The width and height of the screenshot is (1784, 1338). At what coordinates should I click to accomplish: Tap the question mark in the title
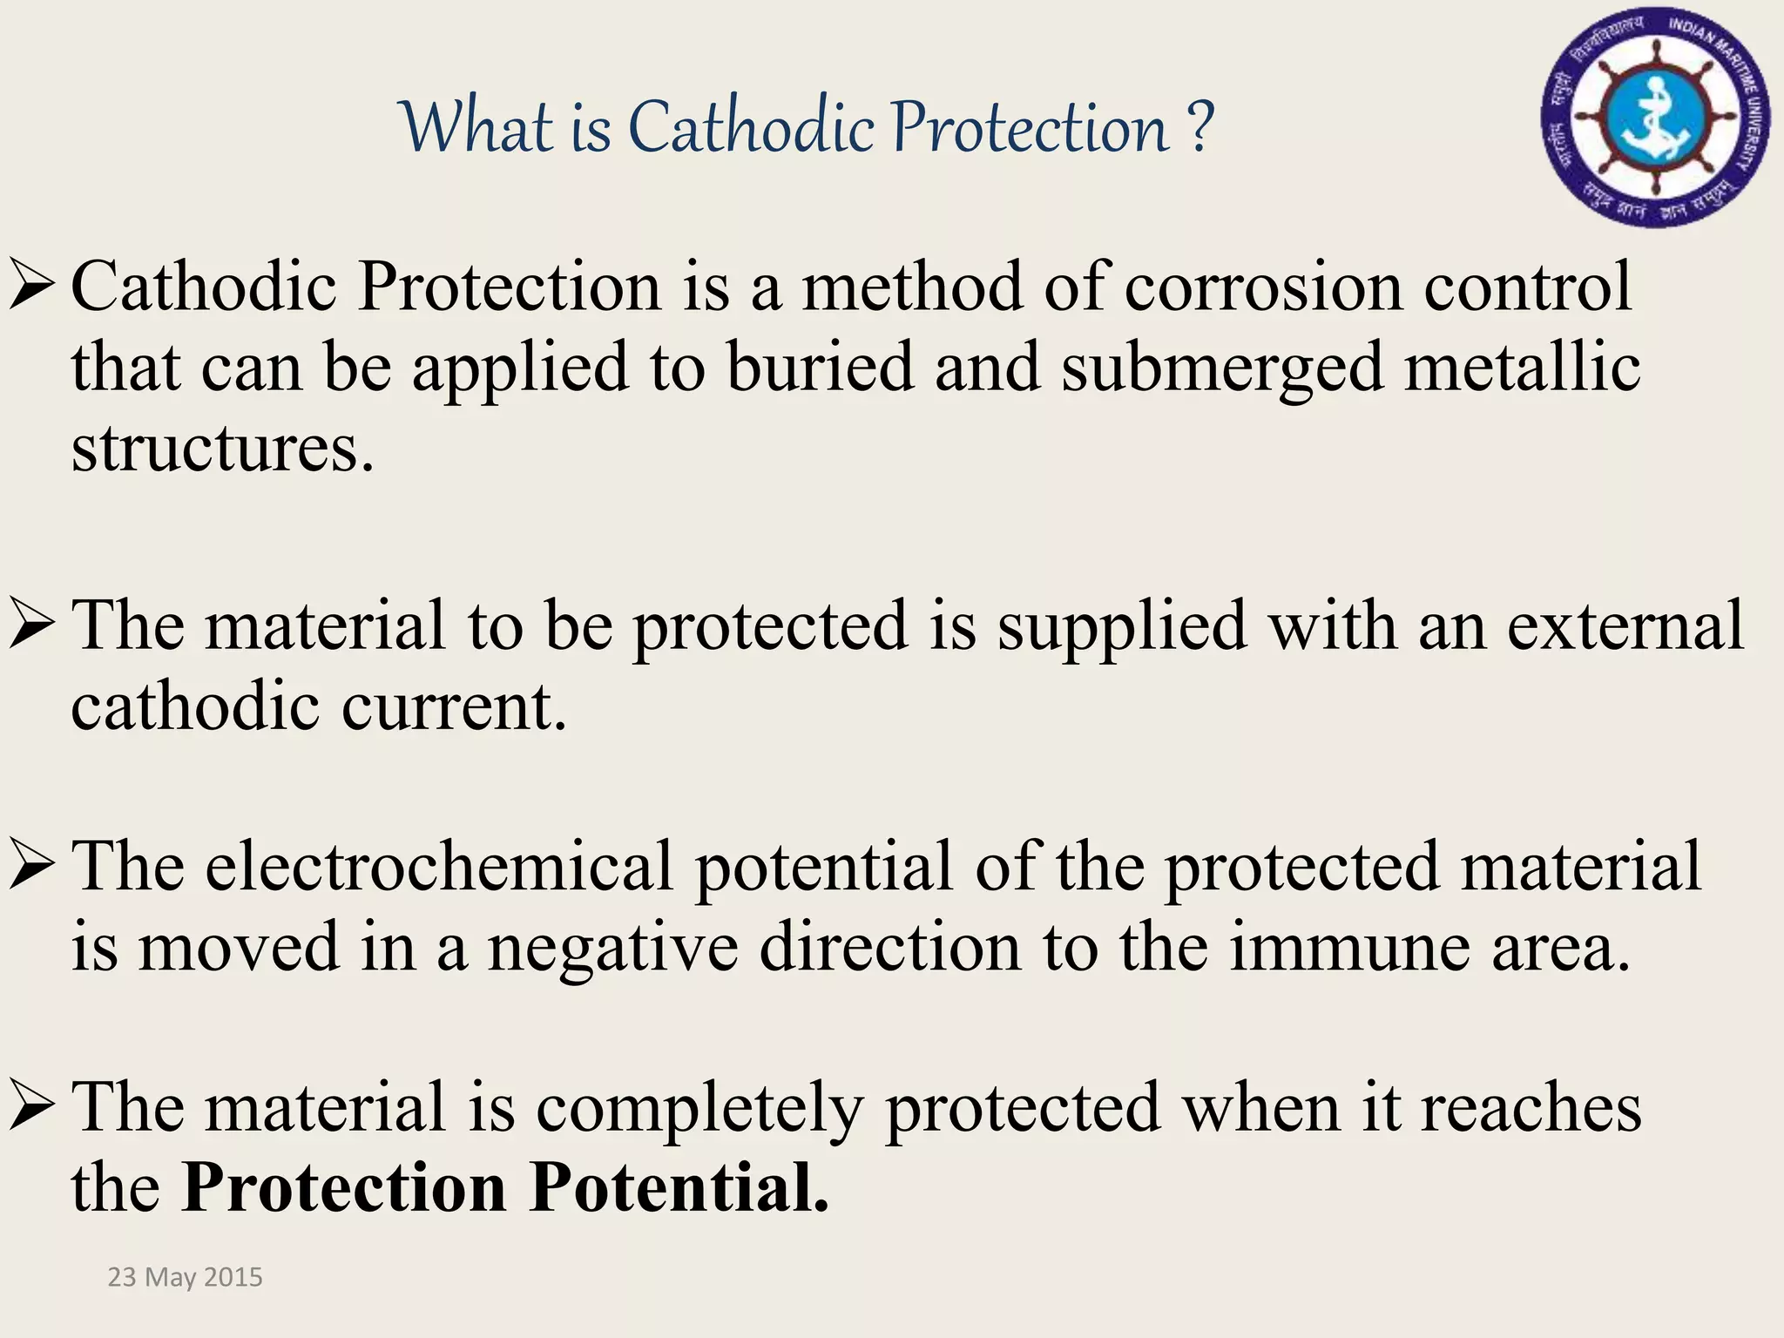pos(1200,129)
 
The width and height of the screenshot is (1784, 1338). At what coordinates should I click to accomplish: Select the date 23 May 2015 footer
pos(185,1277)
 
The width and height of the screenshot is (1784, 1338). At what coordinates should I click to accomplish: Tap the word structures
pos(222,449)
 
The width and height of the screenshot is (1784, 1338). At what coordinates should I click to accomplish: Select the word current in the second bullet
pos(454,707)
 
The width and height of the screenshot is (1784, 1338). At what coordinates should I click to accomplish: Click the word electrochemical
pos(440,868)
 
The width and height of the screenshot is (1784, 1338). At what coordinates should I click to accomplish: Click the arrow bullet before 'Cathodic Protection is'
pos(33,287)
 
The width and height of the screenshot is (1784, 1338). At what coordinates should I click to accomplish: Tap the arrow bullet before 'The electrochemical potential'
pos(33,868)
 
